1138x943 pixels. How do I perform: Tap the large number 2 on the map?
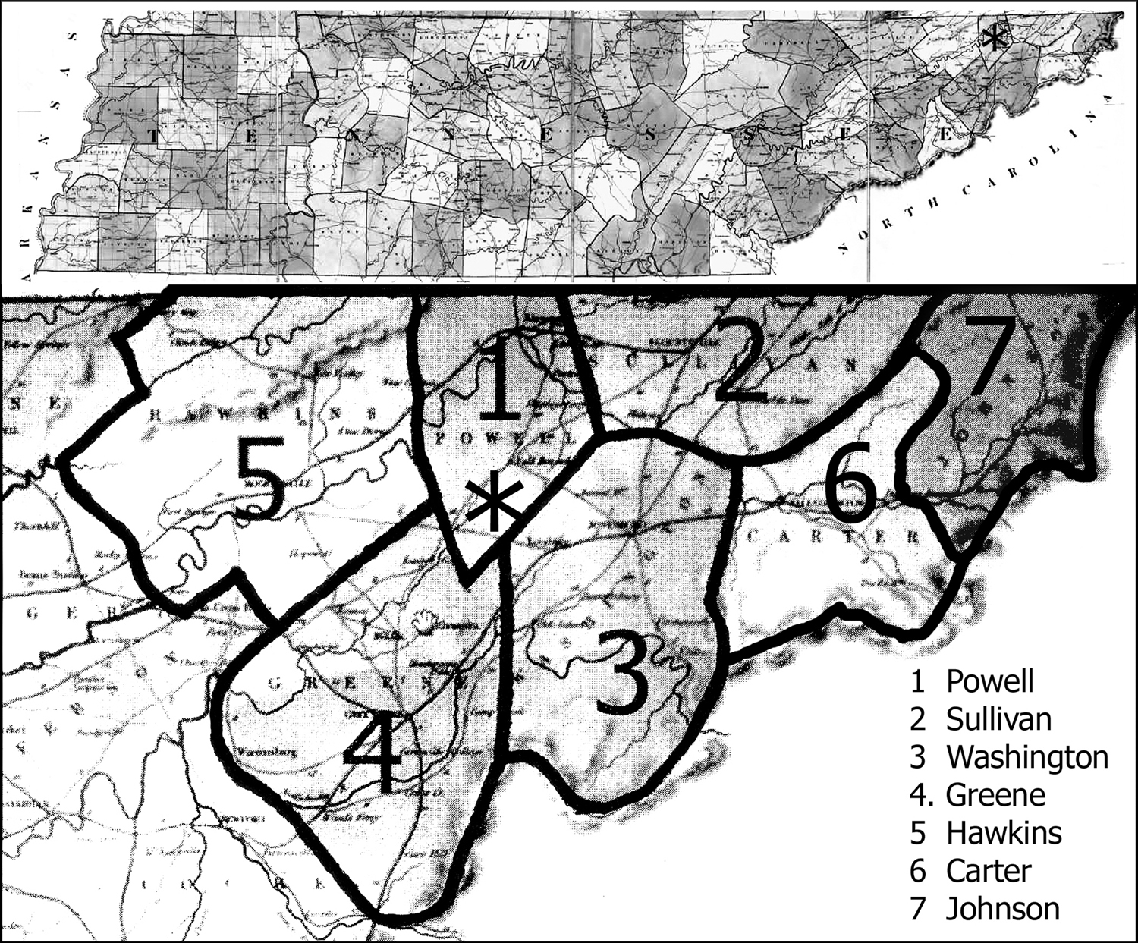point(747,360)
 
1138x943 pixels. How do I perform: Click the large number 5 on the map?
point(261,480)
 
